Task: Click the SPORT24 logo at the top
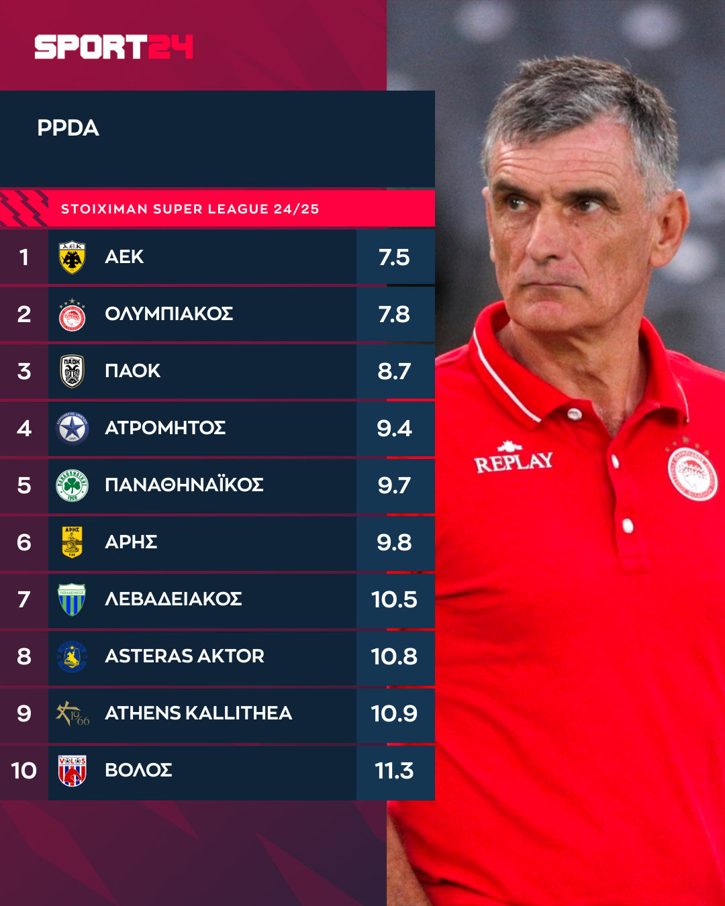coord(113,47)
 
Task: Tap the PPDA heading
coord(68,128)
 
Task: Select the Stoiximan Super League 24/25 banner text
coord(190,209)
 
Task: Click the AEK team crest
coord(72,257)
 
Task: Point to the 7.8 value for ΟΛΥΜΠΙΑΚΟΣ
coord(394,314)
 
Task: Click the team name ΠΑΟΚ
coord(132,371)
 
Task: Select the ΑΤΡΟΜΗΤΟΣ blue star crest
coord(72,428)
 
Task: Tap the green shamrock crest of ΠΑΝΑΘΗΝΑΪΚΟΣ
coord(72,485)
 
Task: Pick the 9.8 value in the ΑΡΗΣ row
coord(394,542)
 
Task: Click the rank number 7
coord(24,599)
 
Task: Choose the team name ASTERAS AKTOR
coord(185,656)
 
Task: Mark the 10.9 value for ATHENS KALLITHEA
coord(394,713)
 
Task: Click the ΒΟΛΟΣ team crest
coord(72,770)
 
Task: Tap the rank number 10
coord(24,770)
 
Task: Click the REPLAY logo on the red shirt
coord(514,460)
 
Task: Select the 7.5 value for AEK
coord(394,257)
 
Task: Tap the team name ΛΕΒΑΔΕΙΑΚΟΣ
coord(173,599)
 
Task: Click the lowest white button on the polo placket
coord(628,525)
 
